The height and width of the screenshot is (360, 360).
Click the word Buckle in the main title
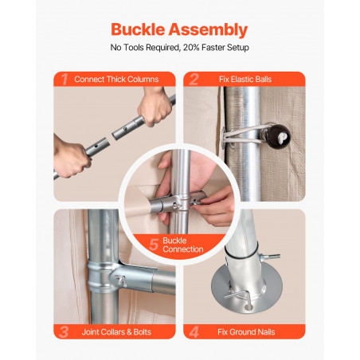(139, 29)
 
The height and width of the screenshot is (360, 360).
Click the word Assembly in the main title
(209, 29)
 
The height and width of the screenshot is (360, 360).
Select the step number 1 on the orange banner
(65, 79)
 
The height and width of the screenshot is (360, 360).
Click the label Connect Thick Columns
(116, 79)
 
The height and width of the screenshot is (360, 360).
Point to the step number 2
(194, 79)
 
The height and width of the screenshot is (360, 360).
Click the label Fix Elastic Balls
(245, 79)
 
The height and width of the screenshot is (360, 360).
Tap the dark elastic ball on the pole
(277, 137)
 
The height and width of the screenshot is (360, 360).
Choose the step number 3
(64, 332)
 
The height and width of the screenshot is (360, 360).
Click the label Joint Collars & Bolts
(116, 332)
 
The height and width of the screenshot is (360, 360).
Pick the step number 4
(194, 332)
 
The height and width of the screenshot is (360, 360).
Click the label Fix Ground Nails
(246, 332)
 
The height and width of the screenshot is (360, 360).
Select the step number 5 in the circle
(154, 245)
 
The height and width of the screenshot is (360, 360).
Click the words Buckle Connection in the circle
(183, 245)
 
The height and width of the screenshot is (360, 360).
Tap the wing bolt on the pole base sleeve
(269, 256)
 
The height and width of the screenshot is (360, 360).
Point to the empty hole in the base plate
(248, 308)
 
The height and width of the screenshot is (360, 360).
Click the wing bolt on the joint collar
(120, 280)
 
